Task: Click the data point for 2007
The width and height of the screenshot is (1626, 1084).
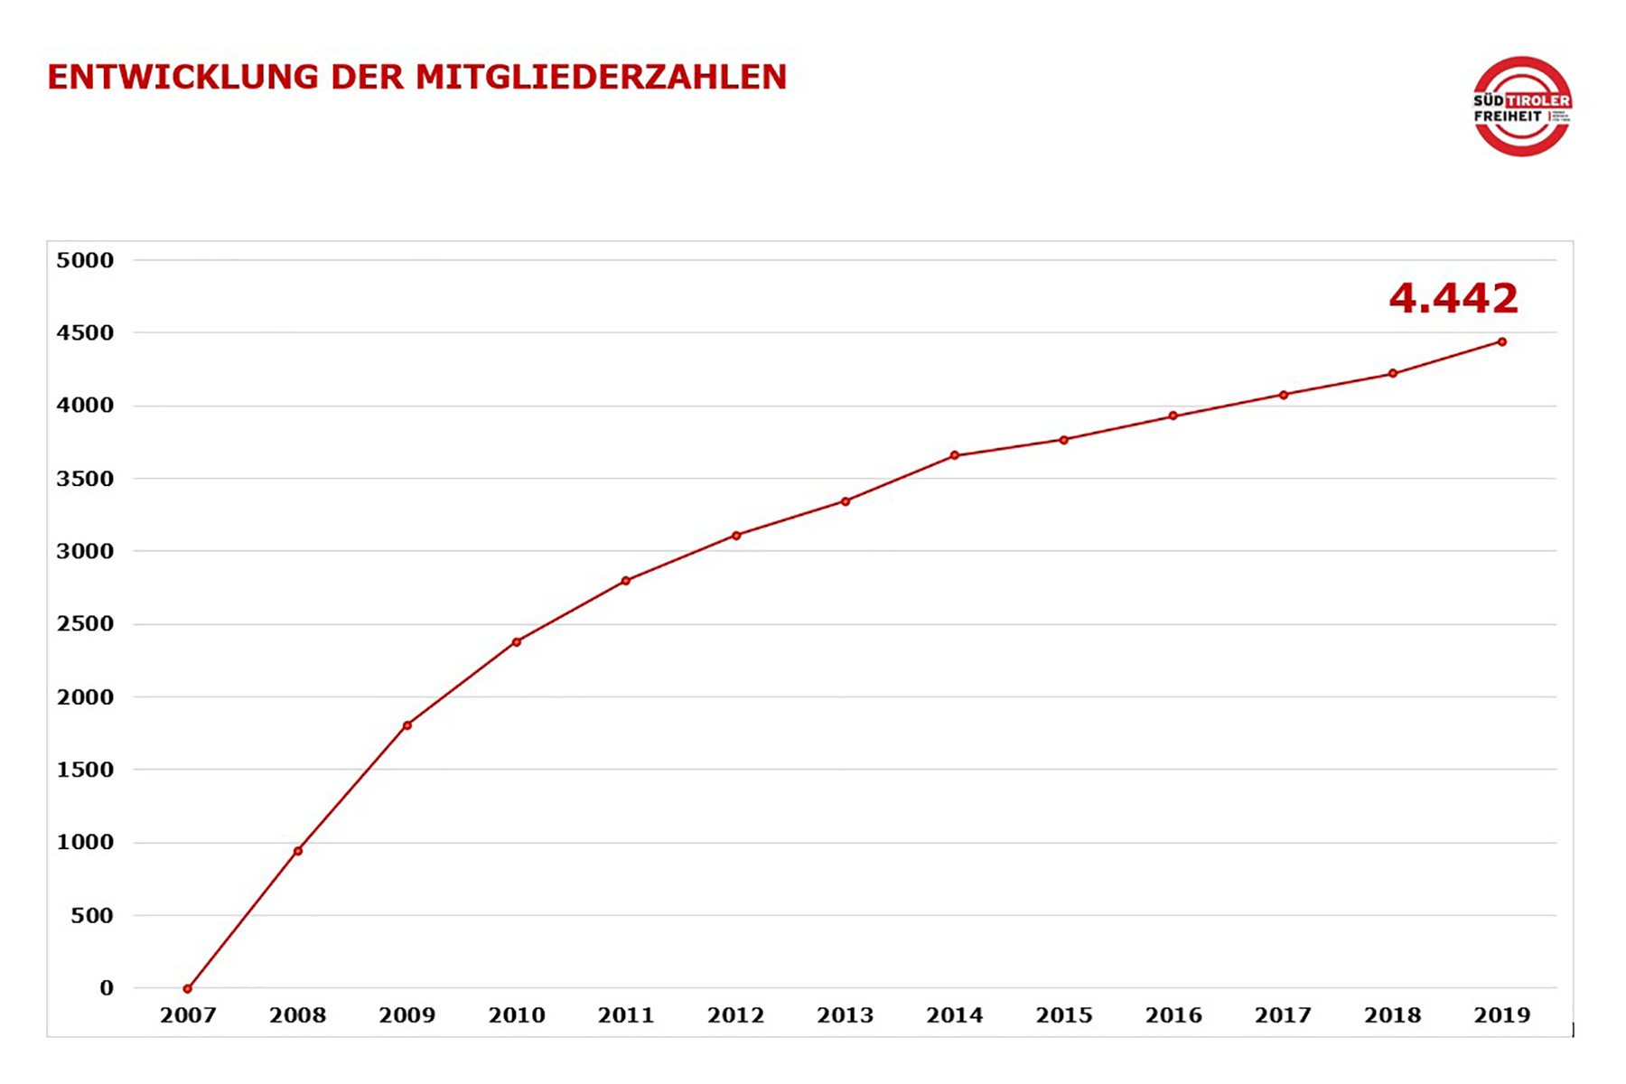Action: (x=188, y=989)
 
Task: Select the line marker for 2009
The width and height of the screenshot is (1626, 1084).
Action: (x=407, y=725)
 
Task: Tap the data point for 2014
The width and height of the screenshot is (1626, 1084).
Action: (x=955, y=455)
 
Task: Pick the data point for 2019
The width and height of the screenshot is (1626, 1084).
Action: (x=1502, y=341)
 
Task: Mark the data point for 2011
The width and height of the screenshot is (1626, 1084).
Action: (x=626, y=581)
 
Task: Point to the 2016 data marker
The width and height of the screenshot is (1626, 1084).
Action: (x=1173, y=416)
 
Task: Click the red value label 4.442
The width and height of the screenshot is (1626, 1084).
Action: (x=1453, y=298)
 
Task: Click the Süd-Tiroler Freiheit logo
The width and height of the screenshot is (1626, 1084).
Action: (x=1522, y=107)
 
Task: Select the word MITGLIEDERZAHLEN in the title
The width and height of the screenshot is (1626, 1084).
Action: (x=601, y=77)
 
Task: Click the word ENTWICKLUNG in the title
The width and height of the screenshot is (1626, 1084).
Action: (x=182, y=77)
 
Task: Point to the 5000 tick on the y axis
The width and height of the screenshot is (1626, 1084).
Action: (x=85, y=260)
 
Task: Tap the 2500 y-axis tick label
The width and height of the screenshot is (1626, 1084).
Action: (x=85, y=623)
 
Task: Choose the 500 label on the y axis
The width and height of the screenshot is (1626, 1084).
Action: (x=92, y=915)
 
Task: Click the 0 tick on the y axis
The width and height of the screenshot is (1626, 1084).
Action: (x=107, y=988)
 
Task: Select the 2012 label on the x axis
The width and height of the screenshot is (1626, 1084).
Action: (x=735, y=1015)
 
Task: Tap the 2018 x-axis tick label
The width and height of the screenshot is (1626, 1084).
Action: (x=1392, y=1015)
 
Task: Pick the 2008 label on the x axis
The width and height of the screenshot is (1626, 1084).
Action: (x=297, y=1015)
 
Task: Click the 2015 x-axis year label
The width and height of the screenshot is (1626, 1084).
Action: (x=1064, y=1015)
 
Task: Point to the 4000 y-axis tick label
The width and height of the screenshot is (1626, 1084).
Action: (x=85, y=406)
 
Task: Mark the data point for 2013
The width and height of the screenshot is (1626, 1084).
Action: (x=846, y=501)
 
